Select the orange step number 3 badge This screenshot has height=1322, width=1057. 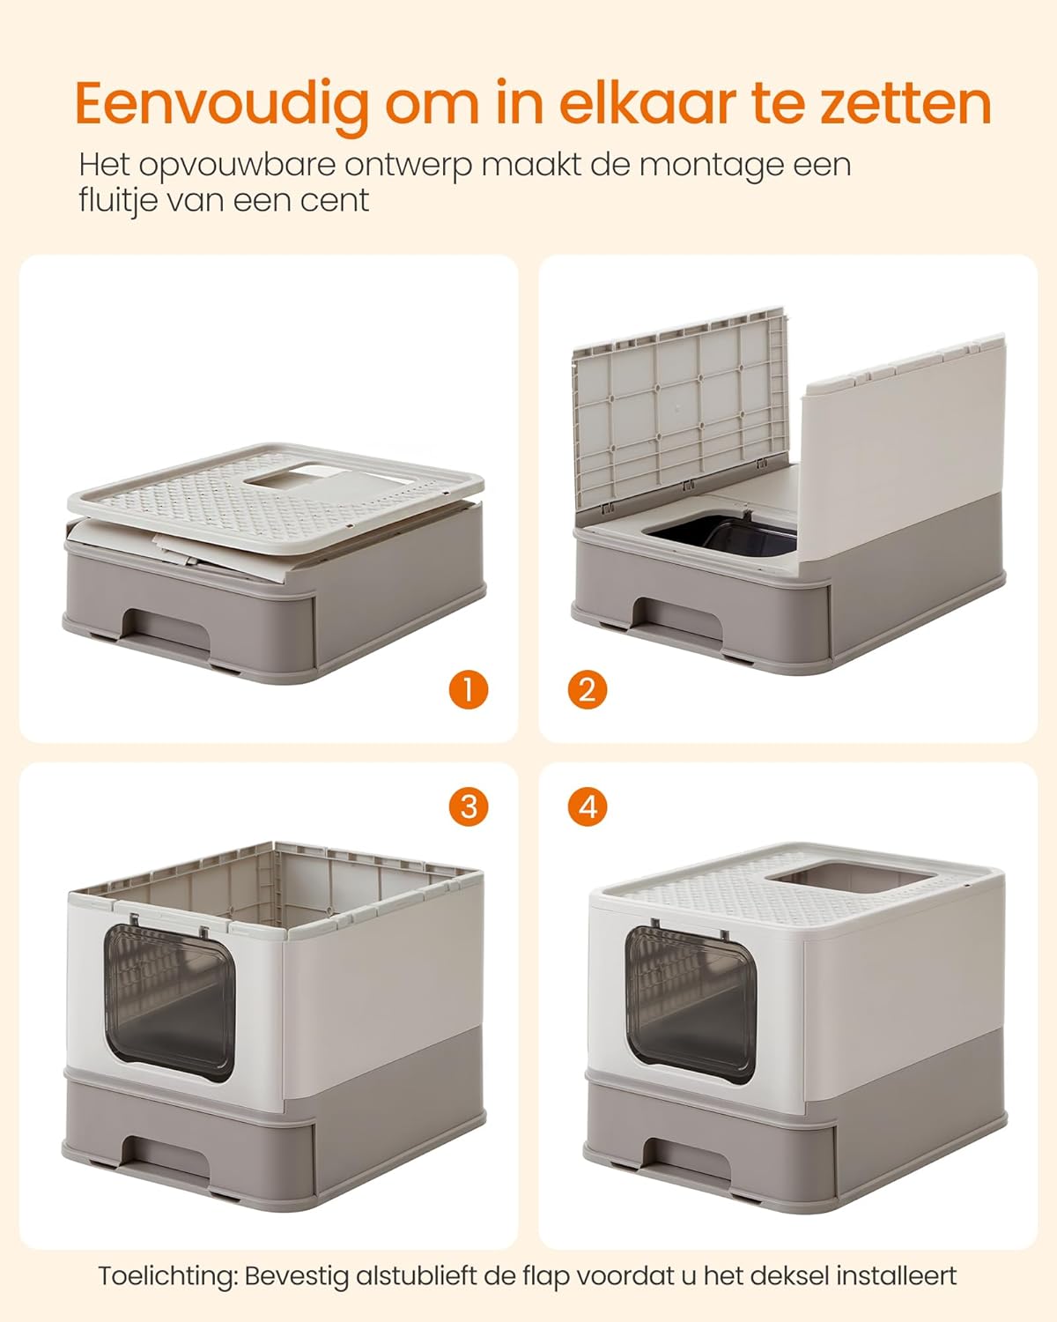coord(468,806)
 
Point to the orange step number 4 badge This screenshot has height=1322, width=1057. coord(588,806)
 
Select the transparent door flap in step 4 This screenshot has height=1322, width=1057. coord(691,1005)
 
